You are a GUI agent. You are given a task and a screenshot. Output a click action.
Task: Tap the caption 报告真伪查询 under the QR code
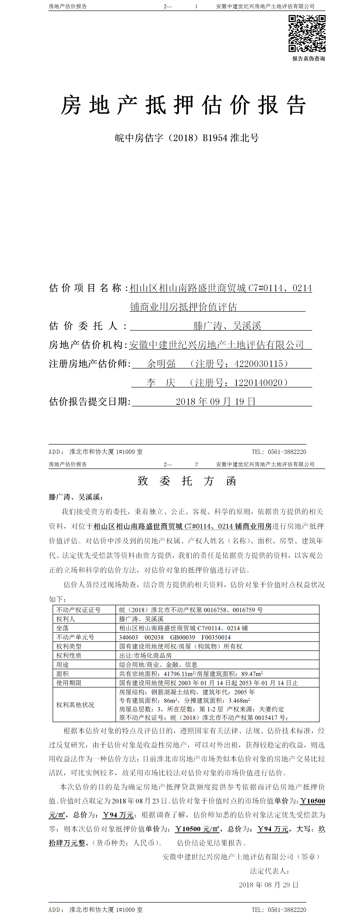[x=309, y=59]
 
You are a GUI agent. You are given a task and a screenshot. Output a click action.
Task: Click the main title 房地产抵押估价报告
[x=183, y=106]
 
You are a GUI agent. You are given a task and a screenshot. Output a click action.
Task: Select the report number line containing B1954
[x=187, y=138]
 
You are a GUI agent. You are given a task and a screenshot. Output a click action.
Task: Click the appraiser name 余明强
[x=161, y=364]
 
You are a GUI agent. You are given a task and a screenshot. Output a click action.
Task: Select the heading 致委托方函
[x=187, y=481]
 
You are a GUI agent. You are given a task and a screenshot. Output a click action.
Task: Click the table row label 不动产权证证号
[x=78, y=610]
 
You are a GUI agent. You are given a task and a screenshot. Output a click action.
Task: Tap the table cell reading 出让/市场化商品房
[x=145, y=655]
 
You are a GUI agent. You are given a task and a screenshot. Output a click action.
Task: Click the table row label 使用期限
[x=69, y=683]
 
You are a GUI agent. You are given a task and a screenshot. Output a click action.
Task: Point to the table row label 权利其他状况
[x=75, y=705]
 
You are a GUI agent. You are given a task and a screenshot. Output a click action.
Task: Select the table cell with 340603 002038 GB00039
[x=175, y=637]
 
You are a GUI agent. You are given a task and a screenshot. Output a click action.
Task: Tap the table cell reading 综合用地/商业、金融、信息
[x=158, y=665]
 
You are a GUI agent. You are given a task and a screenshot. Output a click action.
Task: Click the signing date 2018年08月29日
[x=269, y=885]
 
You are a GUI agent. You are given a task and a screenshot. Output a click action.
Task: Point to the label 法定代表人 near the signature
[x=269, y=871]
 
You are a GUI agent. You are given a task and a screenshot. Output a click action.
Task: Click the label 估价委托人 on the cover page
[x=88, y=326]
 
